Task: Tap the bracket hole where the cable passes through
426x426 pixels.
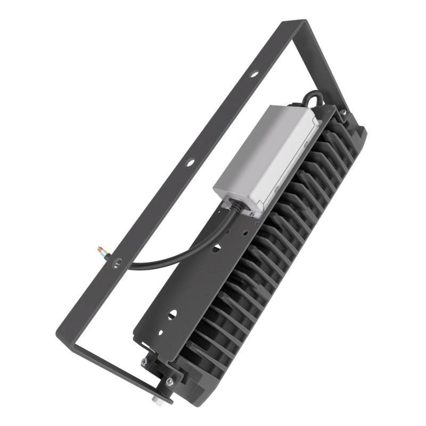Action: (118, 262)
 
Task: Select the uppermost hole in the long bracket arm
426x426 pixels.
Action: (255, 74)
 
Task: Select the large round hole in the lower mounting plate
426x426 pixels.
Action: (171, 314)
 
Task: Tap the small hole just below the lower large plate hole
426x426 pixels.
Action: (161, 333)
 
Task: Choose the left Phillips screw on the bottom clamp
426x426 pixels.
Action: (144, 362)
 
